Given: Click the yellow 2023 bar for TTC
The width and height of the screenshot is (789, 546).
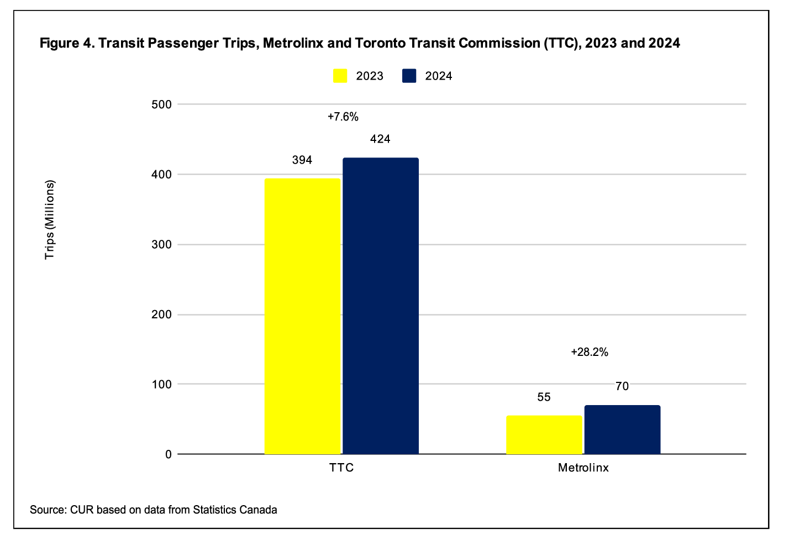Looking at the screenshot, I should [x=302, y=316].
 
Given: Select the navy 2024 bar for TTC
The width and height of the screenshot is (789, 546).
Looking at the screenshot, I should [x=381, y=306].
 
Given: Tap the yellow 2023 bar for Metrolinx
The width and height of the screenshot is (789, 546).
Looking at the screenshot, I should [x=544, y=435].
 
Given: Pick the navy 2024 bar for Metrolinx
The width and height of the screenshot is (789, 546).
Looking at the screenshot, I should [x=622, y=430].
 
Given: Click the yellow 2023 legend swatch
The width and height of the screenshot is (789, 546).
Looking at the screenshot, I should [x=340, y=76].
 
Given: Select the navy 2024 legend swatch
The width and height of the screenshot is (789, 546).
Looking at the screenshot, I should [x=409, y=76].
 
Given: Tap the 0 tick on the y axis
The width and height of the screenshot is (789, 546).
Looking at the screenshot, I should [x=168, y=454].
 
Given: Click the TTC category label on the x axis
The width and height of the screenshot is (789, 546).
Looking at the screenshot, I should [x=341, y=468].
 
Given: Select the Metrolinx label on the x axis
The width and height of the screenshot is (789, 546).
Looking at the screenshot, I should [x=583, y=468].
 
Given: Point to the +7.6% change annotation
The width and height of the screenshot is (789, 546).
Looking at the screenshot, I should [x=343, y=117].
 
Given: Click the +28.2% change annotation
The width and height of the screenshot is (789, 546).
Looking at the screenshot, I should [x=589, y=352].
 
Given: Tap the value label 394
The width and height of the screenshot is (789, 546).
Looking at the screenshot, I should [x=302, y=160].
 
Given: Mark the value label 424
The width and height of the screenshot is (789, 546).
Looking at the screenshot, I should [x=380, y=139].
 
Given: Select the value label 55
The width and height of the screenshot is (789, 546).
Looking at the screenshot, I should [x=544, y=397].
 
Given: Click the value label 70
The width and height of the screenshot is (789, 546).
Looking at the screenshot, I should [x=622, y=387].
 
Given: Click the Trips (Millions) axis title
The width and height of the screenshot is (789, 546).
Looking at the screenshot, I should [x=50, y=219].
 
